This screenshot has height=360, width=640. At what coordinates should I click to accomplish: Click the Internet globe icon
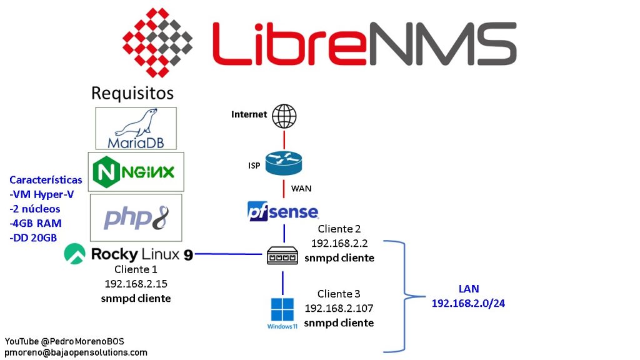(x=285, y=116)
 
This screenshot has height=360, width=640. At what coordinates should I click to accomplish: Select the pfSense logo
(x=283, y=211)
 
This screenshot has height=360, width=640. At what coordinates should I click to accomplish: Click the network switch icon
(x=283, y=256)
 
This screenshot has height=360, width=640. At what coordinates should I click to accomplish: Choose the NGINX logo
(x=136, y=171)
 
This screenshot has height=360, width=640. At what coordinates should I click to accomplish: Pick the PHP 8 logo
(x=136, y=217)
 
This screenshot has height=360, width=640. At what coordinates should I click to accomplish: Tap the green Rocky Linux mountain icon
(x=76, y=254)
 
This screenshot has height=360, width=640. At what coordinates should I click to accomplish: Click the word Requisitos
(x=132, y=93)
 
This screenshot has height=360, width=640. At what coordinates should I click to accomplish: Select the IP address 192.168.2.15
(x=136, y=283)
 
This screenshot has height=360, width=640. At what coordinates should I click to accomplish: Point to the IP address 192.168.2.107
(x=339, y=308)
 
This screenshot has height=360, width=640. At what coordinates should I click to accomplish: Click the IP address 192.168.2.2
(x=339, y=243)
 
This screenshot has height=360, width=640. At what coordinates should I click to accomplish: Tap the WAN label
(x=302, y=188)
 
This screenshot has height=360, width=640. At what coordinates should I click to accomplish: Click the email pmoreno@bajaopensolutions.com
(x=76, y=352)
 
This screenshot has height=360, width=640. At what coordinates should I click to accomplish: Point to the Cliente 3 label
(x=339, y=294)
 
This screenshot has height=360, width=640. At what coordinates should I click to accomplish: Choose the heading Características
(x=46, y=180)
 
